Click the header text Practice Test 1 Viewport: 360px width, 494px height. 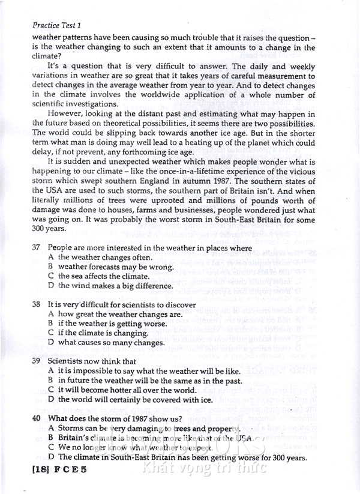pyautogui.click(x=56, y=25)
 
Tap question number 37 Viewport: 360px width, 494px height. pyautogui.click(x=36, y=247)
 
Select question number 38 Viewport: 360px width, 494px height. pyautogui.click(x=36, y=304)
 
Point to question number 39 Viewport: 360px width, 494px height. pyautogui.click(x=36, y=361)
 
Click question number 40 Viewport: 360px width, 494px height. pyautogui.click(x=36, y=418)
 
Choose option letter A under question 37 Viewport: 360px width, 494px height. pyautogui.click(x=52, y=257)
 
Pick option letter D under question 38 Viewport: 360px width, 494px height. pyautogui.click(x=52, y=342)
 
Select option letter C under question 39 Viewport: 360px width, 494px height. pyautogui.click(x=52, y=390)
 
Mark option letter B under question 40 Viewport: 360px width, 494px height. pyautogui.click(x=52, y=438)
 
